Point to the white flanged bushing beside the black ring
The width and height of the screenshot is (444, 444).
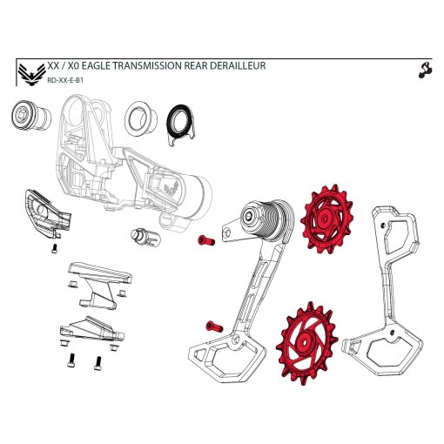(140, 118)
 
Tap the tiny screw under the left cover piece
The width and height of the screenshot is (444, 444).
(54, 247)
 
